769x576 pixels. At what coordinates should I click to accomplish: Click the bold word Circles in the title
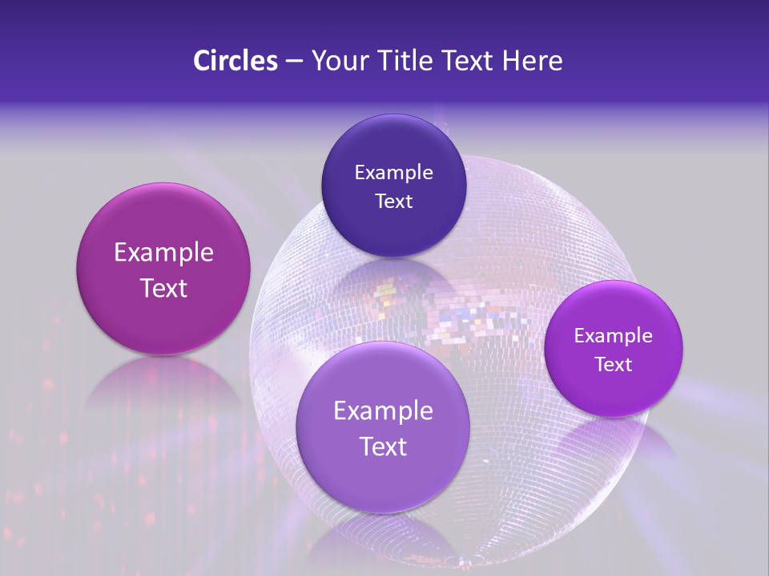click(x=235, y=61)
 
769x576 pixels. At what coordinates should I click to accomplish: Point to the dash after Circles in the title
click(x=293, y=61)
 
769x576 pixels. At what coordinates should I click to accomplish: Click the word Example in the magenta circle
click(x=163, y=253)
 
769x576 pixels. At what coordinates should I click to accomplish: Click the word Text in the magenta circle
click(x=163, y=288)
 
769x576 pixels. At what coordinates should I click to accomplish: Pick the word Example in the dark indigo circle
click(x=393, y=173)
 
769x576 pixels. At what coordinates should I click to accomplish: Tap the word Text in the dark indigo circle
click(x=393, y=202)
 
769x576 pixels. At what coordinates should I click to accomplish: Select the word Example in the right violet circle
click(x=614, y=336)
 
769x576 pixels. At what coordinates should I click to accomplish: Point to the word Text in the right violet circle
click(x=614, y=365)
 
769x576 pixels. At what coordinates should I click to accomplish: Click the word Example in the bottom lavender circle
click(x=383, y=411)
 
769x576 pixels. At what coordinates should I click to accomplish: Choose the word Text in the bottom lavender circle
click(x=383, y=446)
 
